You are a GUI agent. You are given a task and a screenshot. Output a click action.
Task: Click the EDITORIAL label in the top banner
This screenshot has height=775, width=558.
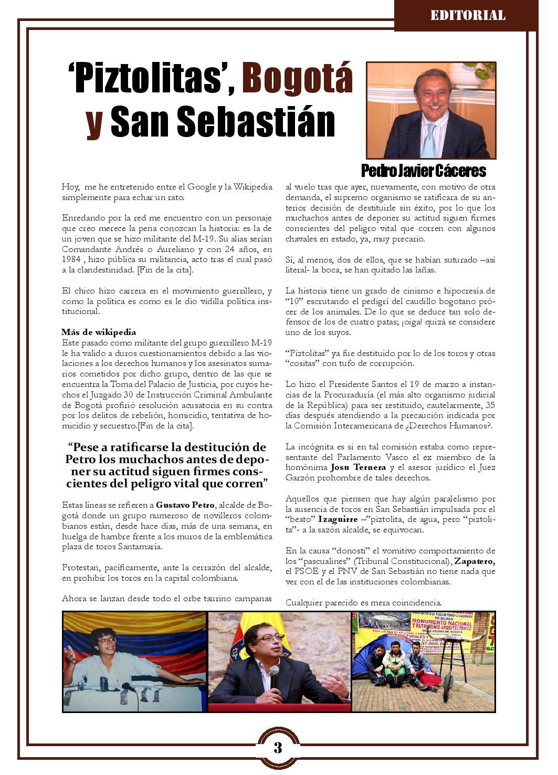click(x=468, y=15)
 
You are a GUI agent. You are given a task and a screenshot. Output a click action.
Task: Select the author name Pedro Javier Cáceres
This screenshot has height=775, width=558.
click(x=423, y=171)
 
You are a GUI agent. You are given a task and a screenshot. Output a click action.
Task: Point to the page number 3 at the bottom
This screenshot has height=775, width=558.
click(x=278, y=747)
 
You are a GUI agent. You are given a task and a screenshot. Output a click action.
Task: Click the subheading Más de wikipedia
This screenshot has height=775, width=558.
click(x=99, y=332)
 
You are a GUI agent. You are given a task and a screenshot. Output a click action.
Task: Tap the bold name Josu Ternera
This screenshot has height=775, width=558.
click(x=358, y=467)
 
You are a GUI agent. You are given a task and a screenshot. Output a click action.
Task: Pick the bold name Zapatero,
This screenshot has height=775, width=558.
click(x=475, y=561)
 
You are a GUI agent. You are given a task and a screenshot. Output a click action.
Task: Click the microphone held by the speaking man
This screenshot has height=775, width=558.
click(x=274, y=677)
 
